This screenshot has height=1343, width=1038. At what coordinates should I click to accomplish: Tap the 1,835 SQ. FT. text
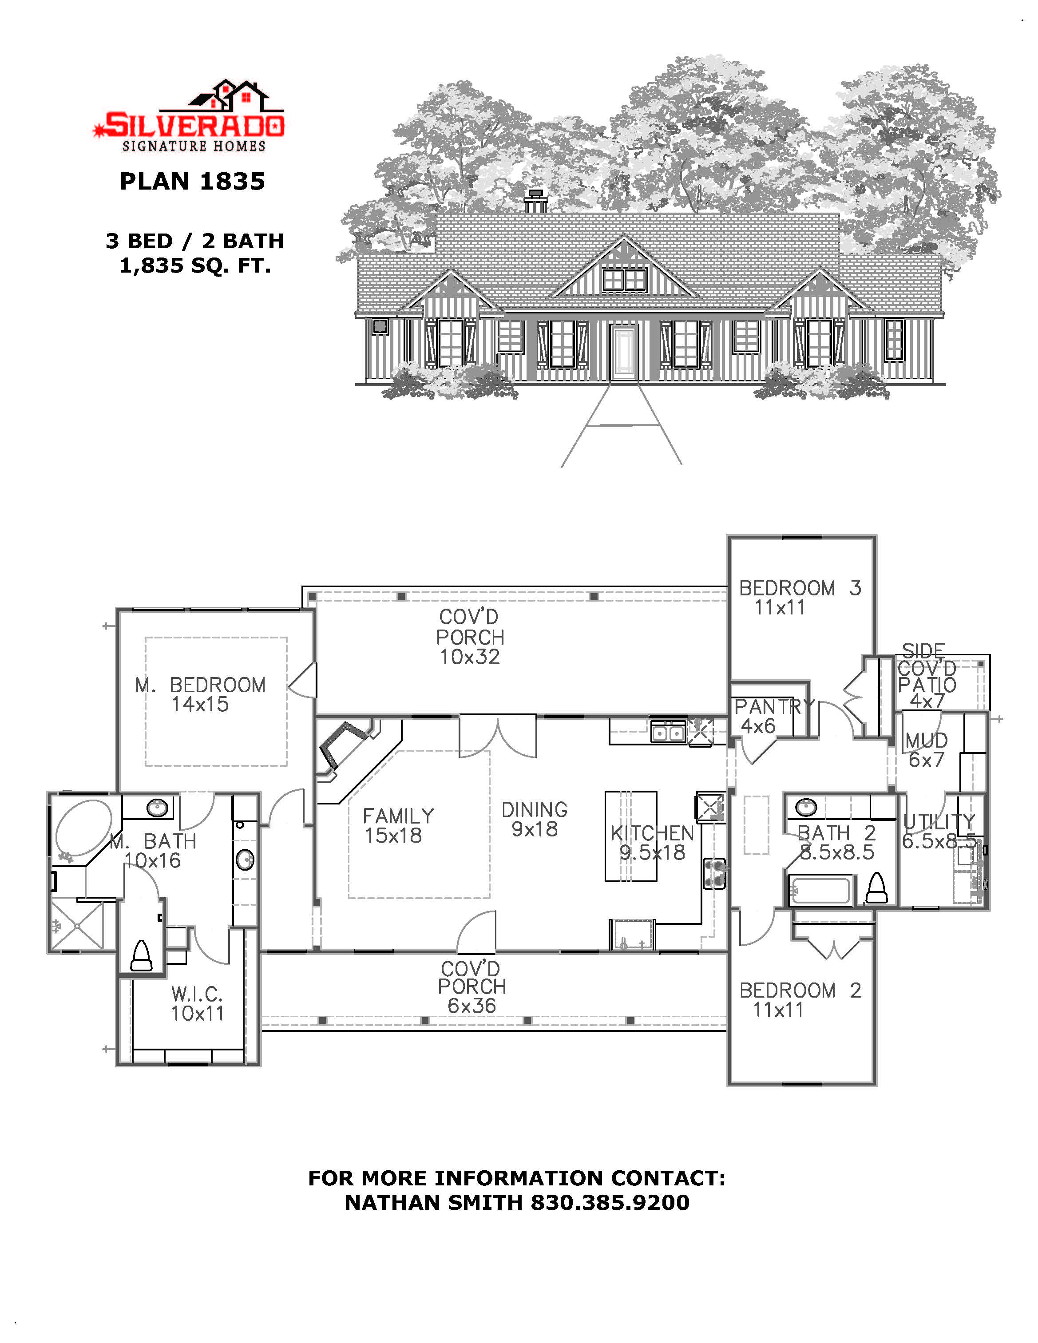(x=195, y=265)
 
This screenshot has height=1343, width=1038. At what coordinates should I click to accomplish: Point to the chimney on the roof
(x=535, y=201)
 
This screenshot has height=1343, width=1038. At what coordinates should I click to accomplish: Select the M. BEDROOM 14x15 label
(x=201, y=694)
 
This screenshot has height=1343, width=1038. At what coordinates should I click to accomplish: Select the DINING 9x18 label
(x=535, y=819)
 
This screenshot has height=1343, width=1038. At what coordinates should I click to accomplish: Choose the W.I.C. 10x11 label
(x=197, y=1003)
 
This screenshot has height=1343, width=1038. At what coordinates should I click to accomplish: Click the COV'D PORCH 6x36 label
(x=471, y=987)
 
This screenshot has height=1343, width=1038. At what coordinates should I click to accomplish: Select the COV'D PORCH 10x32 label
(x=470, y=637)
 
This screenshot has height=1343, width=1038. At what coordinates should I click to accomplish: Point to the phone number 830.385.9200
(x=610, y=1202)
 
